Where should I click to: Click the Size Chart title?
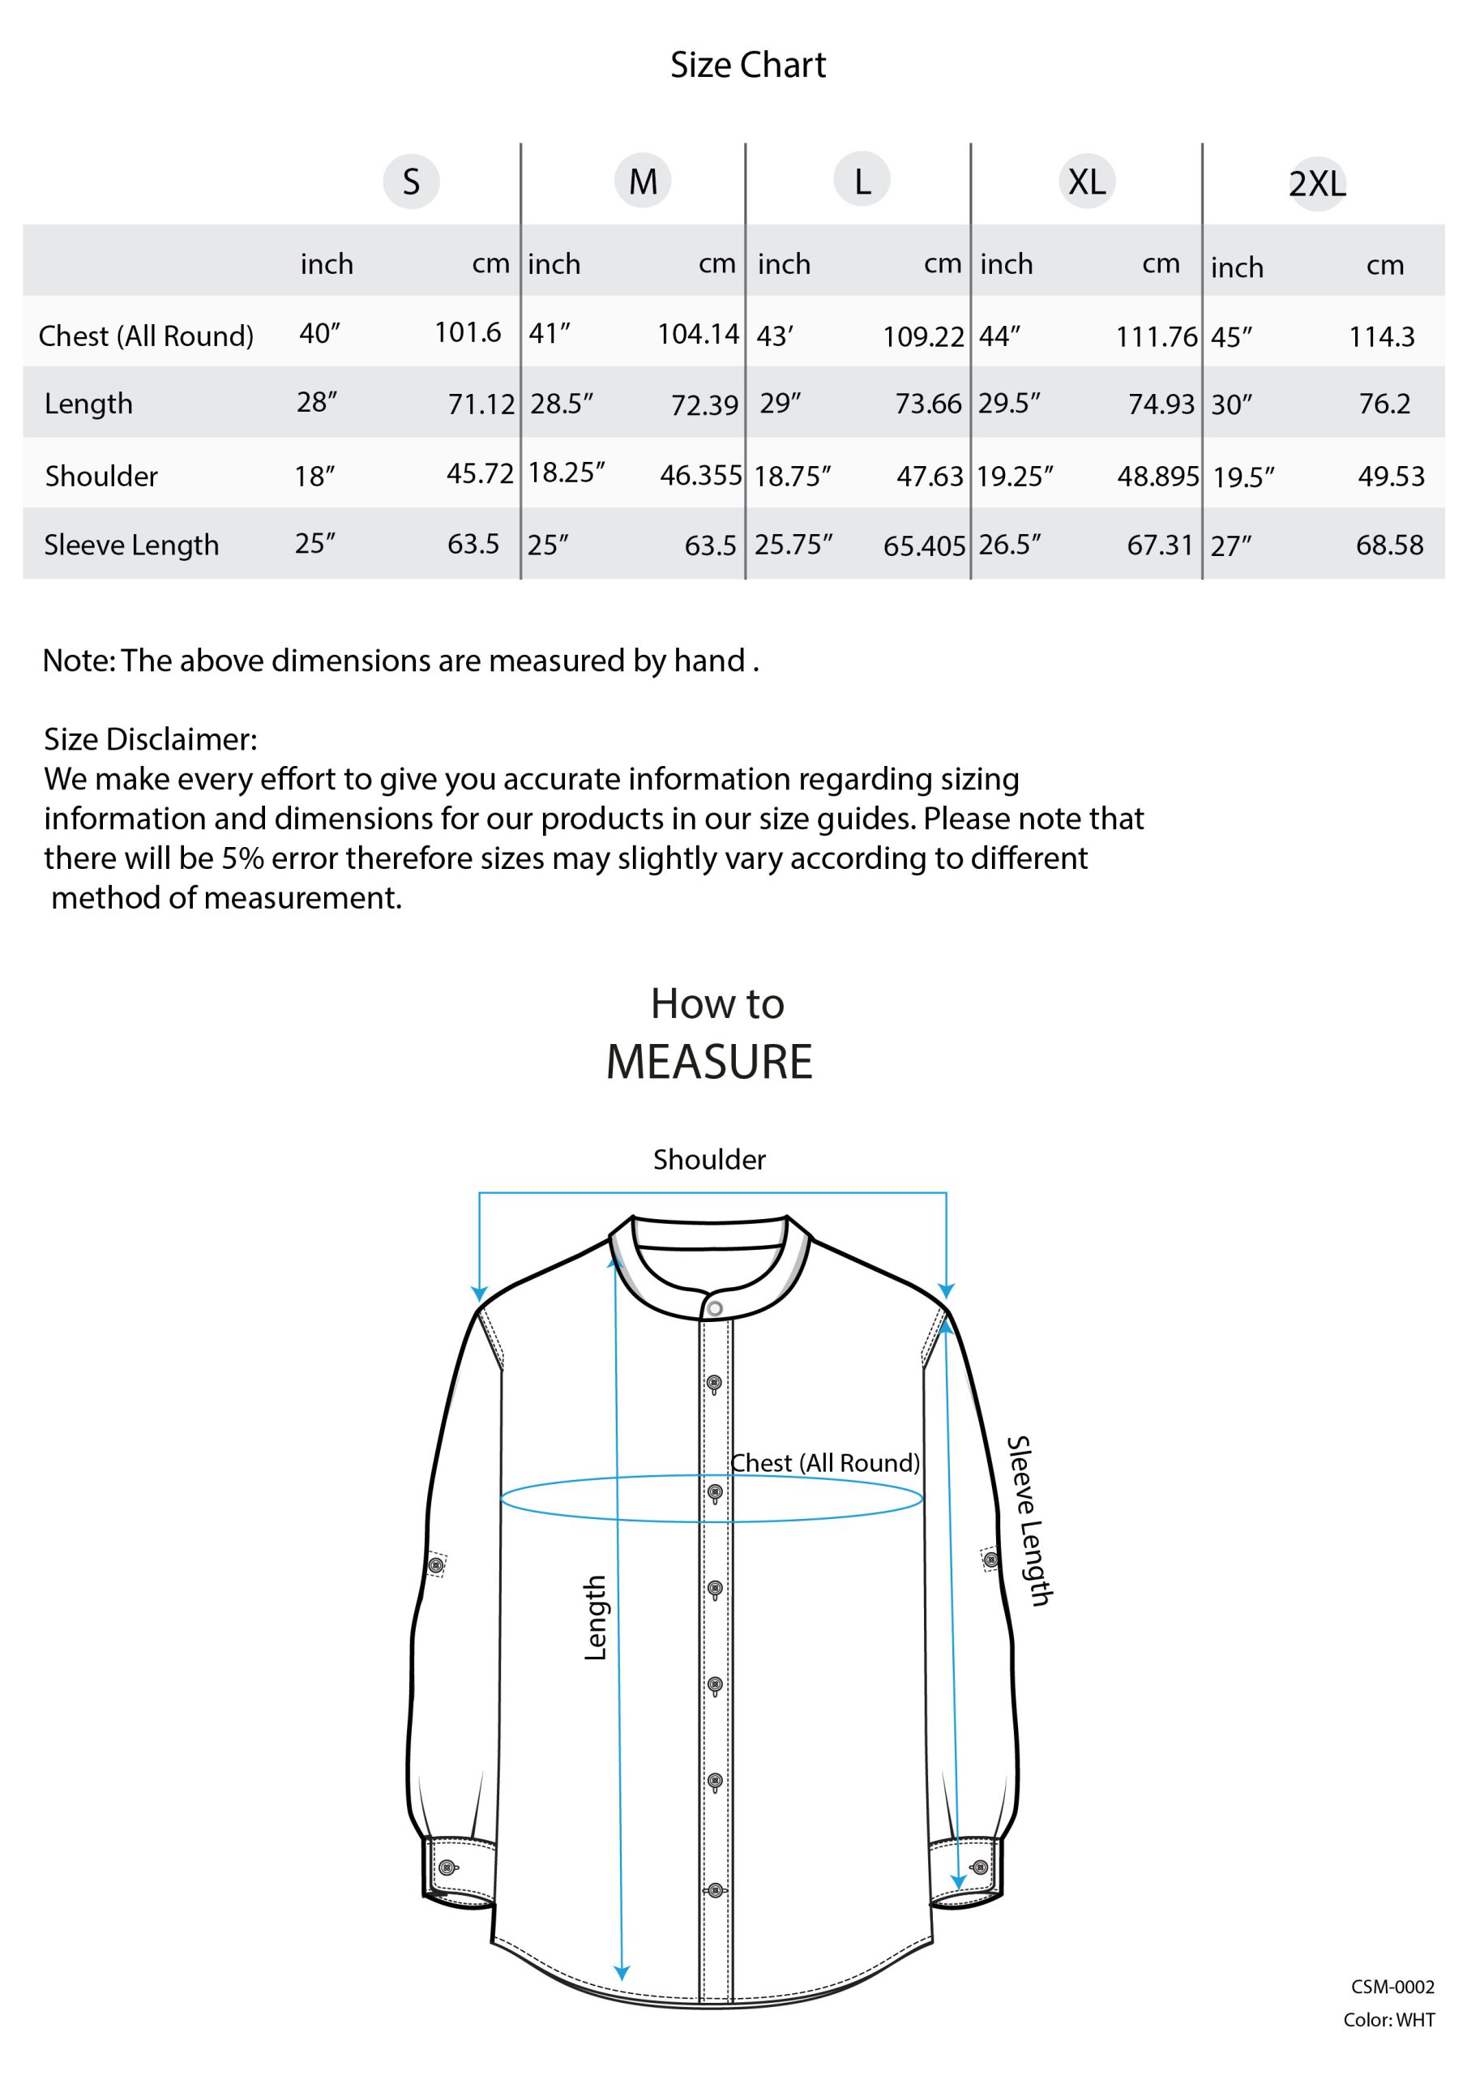pos(747,65)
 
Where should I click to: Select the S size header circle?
pos(411,182)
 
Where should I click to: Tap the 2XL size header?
pos(1317,184)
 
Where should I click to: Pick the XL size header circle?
pos(1086,182)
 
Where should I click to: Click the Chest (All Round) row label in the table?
pos(146,336)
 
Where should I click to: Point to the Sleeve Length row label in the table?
pos(131,545)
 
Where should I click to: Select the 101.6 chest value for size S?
pos(468,332)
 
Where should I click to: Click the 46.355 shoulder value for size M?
pos(700,475)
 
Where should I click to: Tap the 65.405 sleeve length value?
pos(924,545)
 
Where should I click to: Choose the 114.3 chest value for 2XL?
pos(1381,337)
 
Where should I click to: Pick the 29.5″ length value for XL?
pos(1009,403)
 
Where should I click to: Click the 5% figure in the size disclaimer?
pos(242,858)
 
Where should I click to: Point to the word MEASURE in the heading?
pos(709,1061)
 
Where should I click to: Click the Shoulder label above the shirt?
pos(709,1160)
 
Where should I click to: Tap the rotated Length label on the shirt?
pos(595,1618)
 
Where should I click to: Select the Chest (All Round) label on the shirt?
pos(824,1463)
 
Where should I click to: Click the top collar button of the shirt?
pos(715,1308)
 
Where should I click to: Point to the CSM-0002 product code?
pos(1392,1987)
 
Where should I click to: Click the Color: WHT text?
pos(1388,2020)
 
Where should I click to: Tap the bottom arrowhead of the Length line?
pos(622,1973)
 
